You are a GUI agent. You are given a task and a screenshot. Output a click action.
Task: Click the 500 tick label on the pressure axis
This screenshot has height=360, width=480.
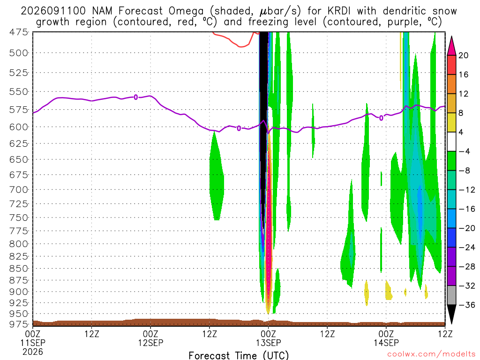[19, 53]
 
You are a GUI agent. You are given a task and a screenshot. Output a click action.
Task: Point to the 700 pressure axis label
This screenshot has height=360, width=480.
[19, 190]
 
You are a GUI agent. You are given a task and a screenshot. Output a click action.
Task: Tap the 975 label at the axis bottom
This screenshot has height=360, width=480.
[19, 324]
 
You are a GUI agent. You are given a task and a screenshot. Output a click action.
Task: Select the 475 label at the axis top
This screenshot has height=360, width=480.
[19, 32]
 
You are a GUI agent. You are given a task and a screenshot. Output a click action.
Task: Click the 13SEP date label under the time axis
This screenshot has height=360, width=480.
[268, 343]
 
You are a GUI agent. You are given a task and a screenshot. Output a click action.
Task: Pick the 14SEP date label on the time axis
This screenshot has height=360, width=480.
[386, 343]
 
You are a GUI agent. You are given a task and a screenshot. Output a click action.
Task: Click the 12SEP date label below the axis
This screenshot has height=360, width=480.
[150, 343]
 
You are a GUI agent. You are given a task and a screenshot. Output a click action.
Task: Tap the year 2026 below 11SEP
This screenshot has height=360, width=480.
[33, 352]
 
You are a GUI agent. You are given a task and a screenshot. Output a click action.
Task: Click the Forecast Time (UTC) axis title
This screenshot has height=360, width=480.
[239, 355]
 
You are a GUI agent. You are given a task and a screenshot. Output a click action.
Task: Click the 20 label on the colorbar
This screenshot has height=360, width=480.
[463, 55]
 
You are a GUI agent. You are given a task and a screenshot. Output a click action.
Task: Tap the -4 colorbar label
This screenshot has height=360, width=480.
[464, 151]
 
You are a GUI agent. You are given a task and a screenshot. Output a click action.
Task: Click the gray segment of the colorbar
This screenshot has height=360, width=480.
[451, 295]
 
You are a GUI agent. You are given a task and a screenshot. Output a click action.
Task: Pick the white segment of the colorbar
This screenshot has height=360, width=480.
[451, 142]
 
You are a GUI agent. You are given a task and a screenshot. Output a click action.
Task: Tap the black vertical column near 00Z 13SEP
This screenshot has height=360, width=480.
[263, 122]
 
